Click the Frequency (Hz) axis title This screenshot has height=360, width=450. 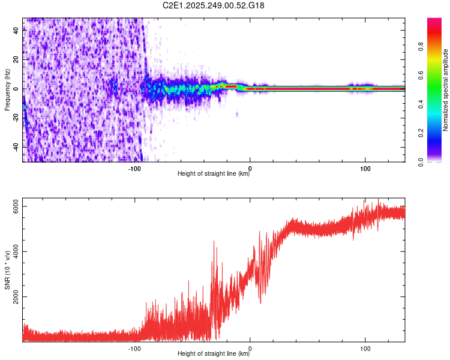point(7,90)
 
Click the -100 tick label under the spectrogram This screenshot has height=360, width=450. point(134,168)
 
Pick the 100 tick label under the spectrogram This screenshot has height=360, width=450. point(365,168)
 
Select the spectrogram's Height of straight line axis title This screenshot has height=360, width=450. point(214,174)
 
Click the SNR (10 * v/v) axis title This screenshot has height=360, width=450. point(7,270)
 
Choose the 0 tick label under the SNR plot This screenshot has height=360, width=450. point(250,348)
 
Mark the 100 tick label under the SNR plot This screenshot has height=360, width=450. point(365,348)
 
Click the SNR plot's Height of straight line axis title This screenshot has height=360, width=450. point(214,354)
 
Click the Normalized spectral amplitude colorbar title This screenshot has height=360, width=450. point(445,90)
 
